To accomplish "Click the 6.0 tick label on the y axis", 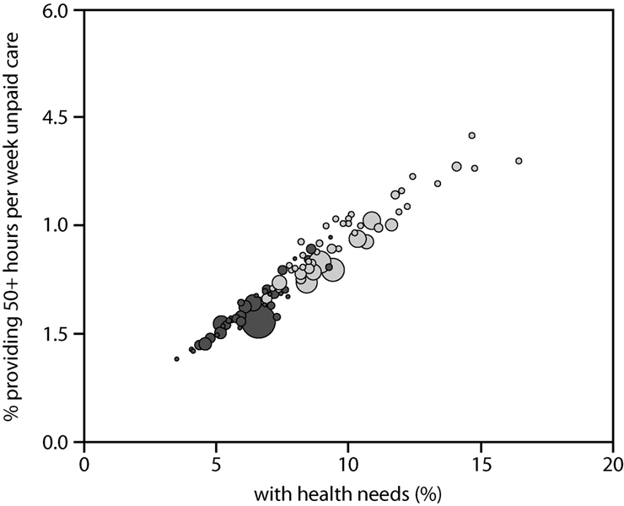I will click(59, 10).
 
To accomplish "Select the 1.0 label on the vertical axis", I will click(59, 225).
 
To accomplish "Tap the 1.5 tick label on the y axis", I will click(59, 334).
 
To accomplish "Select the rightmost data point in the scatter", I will click(519, 160).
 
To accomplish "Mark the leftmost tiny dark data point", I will click(176, 358).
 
